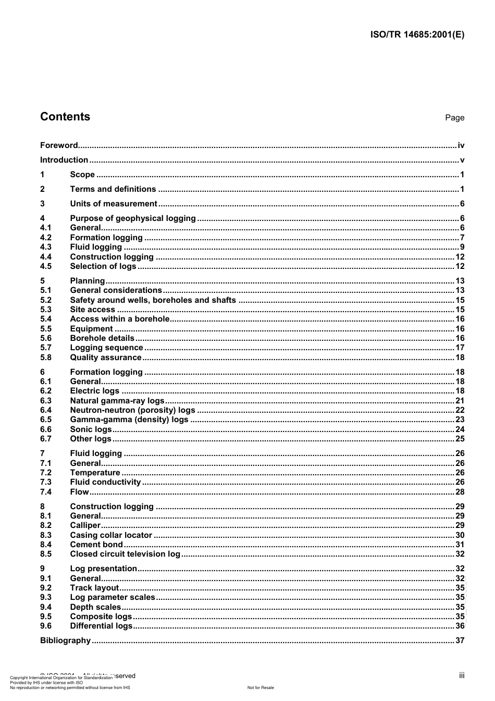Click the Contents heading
(65, 117)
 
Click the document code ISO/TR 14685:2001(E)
(417, 35)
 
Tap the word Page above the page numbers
(454, 118)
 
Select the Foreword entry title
(59, 145)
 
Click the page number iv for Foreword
(461, 145)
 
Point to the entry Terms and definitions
(113, 189)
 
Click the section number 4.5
(46, 266)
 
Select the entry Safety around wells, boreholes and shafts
(153, 300)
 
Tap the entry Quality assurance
(106, 358)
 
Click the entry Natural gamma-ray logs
(117, 401)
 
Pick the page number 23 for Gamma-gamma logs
(460, 420)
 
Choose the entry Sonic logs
(91, 429)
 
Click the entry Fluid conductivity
(106, 482)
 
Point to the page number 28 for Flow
(460, 492)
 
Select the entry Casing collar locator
(111, 535)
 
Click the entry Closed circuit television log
(125, 554)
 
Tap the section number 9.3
(46, 597)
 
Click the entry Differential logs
(102, 626)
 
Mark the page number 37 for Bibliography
(460, 641)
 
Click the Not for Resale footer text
(261, 687)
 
